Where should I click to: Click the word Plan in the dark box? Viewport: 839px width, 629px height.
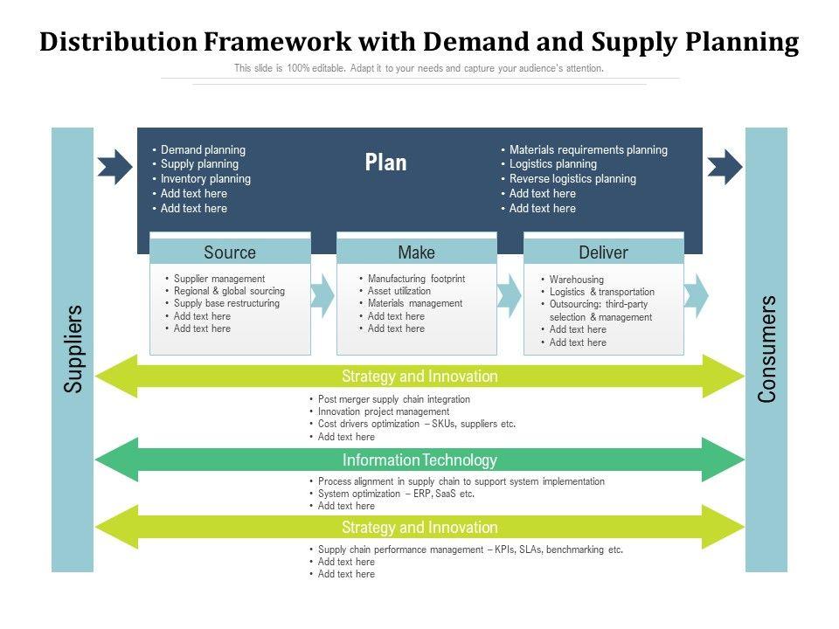point(385,163)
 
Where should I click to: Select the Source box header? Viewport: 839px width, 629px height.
point(230,252)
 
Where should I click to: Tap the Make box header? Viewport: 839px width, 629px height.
point(416,252)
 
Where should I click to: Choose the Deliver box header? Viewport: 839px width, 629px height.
point(603,252)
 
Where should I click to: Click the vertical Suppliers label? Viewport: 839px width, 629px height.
point(73,348)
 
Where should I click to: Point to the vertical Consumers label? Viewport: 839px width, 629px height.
point(766,349)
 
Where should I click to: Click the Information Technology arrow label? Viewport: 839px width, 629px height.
point(419,460)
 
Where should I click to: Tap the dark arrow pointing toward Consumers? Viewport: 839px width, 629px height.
point(724,165)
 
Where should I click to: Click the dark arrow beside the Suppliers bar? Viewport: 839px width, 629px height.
point(114,165)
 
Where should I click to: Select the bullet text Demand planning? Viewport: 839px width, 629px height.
point(203,150)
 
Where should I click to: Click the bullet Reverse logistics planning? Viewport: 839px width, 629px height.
point(572,179)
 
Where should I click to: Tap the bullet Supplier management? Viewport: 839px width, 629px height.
point(219,279)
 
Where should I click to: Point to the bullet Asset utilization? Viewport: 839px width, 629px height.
point(399,291)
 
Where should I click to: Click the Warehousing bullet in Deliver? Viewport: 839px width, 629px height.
point(577,280)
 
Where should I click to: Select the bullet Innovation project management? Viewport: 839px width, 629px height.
point(384,411)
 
